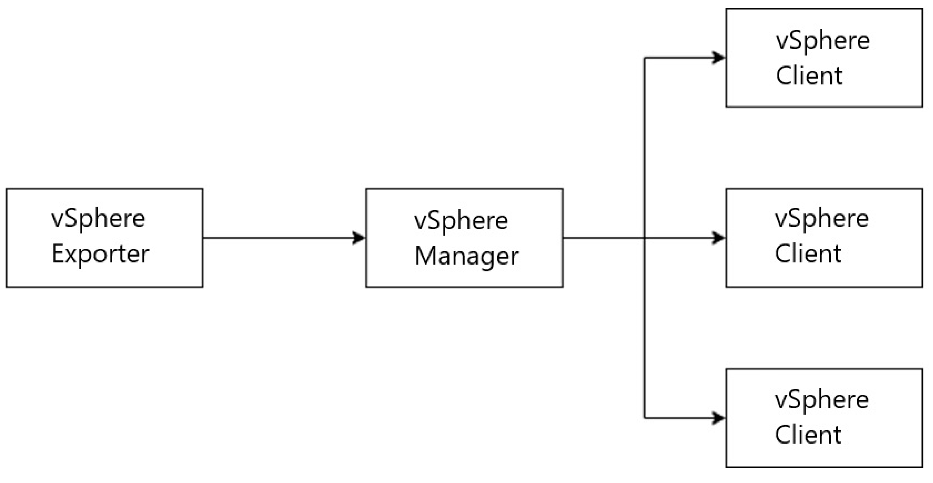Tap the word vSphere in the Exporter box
(98, 219)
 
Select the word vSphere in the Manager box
(461, 221)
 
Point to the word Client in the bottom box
(808, 434)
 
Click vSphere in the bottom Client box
(821, 400)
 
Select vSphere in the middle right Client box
(821, 219)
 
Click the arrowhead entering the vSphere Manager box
(359, 238)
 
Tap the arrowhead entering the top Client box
(718, 58)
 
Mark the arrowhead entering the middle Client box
(718, 238)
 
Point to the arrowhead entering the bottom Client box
(718, 418)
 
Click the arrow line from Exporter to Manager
(279, 238)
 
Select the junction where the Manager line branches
(644, 238)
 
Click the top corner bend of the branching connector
(644, 58)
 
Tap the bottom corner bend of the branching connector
(644, 418)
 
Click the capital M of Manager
(425, 256)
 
